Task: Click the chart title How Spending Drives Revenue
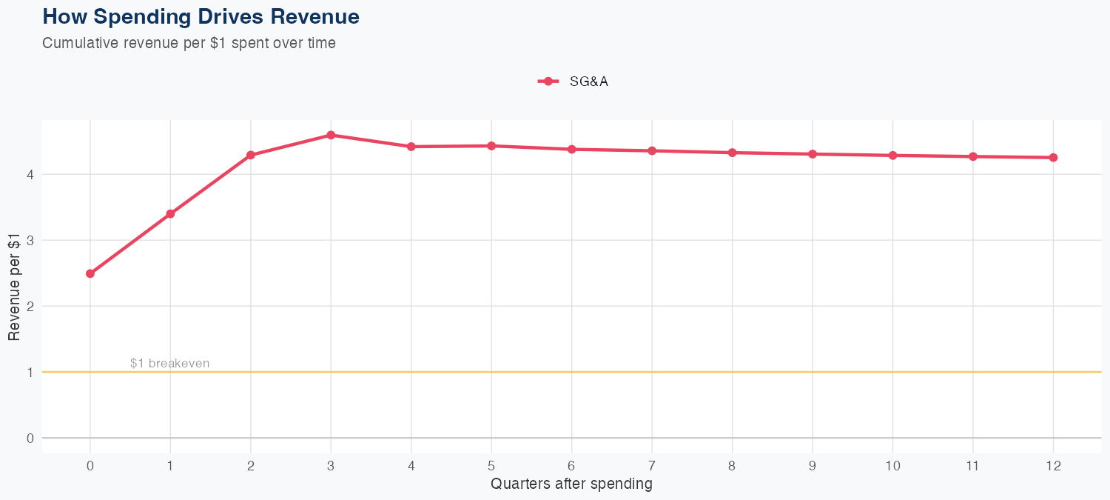click(x=201, y=16)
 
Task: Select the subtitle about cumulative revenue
click(x=189, y=43)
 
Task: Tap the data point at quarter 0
click(x=90, y=273)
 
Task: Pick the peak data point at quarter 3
click(x=331, y=135)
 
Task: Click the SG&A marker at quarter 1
click(x=170, y=214)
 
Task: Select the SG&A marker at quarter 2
click(x=251, y=155)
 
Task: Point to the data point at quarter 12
click(x=1053, y=157)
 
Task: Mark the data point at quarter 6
click(x=571, y=149)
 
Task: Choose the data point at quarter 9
click(x=813, y=154)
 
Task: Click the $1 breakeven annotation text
click(x=169, y=363)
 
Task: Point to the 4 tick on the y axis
click(x=30, y=174)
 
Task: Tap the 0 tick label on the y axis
click(x=30, y=438)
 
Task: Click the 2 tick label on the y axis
click(x=30, y=306)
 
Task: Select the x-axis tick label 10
click(x=892, y=466)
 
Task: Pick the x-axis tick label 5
click(x=491, y=466)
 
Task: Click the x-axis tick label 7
click(x=652, y=466)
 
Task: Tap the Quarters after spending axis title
click(x=571, y=484)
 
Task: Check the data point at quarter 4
click(x=411, y=147)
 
